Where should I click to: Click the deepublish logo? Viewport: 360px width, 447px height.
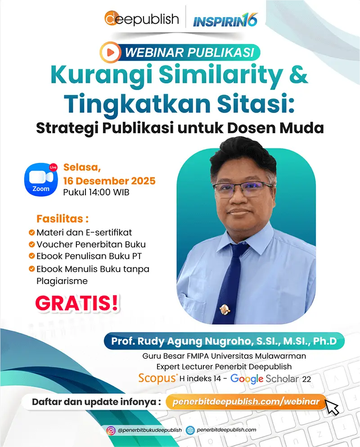(x=142, y=19)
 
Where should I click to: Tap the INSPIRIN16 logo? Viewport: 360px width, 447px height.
(x=225, y=20)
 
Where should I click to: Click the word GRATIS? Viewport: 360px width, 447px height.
(x=77, y=303)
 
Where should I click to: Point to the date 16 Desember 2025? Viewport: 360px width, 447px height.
(x=109, y=181)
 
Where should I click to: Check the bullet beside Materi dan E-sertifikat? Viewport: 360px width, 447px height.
(x=31, y=233)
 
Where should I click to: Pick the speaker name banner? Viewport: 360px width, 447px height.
(x=224, y=341)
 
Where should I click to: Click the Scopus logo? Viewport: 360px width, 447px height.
(x=158, y=378)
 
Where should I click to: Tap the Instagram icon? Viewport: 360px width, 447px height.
(x=110, y=430)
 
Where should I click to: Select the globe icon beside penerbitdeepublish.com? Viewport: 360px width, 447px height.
(x=190, y=430)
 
